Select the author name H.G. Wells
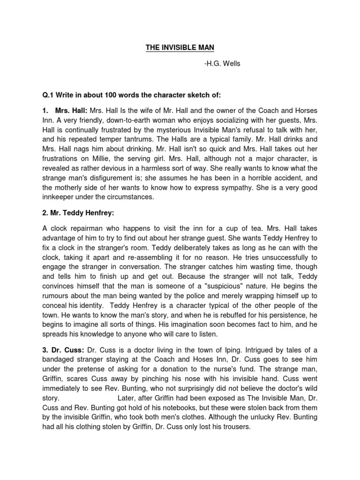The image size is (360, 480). point(222,64)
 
